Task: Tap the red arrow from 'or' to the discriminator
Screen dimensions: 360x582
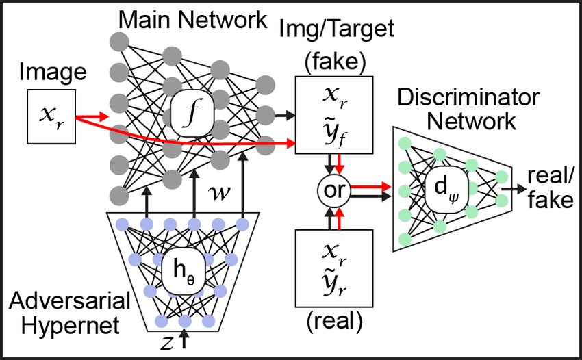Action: (370, 185)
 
